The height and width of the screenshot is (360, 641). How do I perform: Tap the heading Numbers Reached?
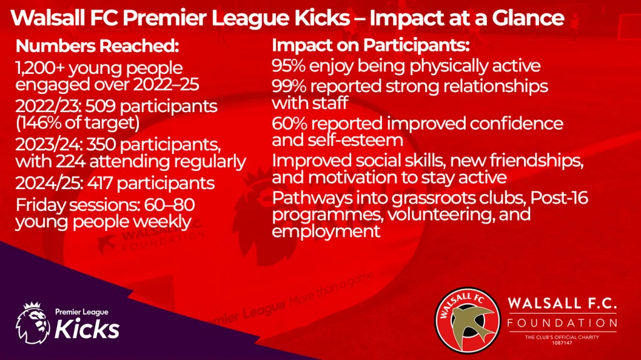click(97, 46)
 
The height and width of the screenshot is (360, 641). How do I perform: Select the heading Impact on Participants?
click(371, 46)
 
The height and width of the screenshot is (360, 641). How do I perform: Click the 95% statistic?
click(289, 66)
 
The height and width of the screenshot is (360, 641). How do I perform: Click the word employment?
click(326, 232)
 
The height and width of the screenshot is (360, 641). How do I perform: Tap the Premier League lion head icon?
click(33, 324)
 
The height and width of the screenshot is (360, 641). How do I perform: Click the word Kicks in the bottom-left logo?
click(87, 329)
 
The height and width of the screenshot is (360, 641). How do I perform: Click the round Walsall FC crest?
click(467, 321)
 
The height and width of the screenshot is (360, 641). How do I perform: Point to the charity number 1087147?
click(562, 343)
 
